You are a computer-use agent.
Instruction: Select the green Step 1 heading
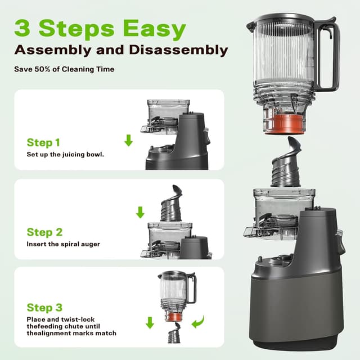[x=43, y=142]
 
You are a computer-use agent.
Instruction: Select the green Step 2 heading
[x=44, y=232]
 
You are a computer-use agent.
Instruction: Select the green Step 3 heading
[x=44, y=308]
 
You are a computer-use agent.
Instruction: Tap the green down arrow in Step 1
[x=128, y=140]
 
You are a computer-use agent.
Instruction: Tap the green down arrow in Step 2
[x=140, y=213]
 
